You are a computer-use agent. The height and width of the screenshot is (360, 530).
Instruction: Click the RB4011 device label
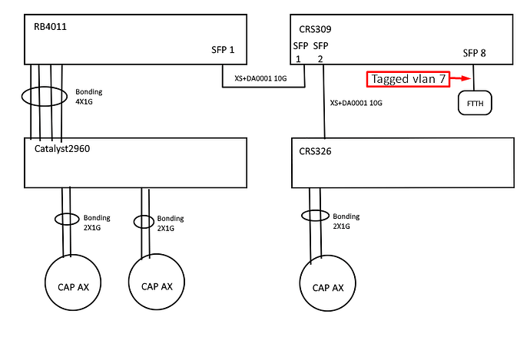tap(51, 27)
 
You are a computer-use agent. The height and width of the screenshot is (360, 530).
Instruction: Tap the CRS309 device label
tap(315, 29)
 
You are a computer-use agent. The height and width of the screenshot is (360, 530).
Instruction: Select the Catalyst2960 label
tap(62, 149)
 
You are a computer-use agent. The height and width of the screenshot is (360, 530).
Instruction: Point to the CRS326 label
tap(315, 151)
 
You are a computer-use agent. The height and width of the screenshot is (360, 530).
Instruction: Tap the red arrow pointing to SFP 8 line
tap(460, 78)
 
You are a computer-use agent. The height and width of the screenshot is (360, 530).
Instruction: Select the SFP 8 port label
tap(474, 53)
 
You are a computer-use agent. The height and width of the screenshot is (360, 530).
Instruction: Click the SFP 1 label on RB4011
tap(223, 50)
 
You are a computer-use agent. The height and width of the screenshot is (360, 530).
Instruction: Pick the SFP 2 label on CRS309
tap(320, 52)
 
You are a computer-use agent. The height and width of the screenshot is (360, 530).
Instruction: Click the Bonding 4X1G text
tap(89, 97)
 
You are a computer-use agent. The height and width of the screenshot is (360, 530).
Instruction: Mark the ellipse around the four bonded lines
tap(22, 97)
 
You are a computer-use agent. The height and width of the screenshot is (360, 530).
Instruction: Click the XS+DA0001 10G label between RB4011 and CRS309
tap(260, 78)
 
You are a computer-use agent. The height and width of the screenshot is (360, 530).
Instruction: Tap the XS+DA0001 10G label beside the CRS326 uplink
tap(356, 103)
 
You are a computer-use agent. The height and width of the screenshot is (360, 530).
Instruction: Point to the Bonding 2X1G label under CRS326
tap(346, 221)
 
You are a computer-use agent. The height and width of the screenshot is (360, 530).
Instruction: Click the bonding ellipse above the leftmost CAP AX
tap(55, 220)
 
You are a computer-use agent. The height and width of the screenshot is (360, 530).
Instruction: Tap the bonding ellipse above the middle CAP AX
tap(134, 222)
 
